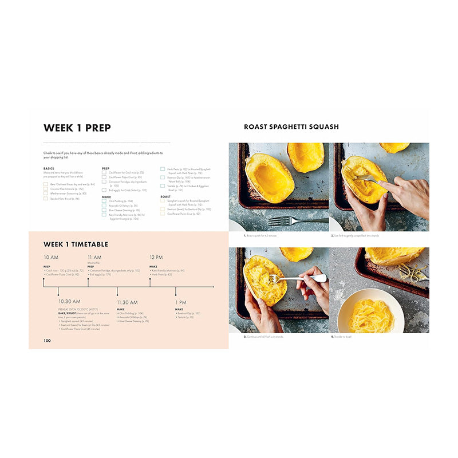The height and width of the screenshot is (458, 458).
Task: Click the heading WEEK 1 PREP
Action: (77, 128)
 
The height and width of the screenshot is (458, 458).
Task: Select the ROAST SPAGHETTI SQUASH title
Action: (291, 127)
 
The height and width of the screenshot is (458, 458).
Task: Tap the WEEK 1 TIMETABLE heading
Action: (76, 244)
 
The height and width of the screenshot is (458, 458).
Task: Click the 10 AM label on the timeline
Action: (50, 258)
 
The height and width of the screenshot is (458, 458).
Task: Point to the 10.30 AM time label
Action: (69, 301)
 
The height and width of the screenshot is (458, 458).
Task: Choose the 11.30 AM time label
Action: (127, 302)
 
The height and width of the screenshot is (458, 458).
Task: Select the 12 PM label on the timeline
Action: (156, 258)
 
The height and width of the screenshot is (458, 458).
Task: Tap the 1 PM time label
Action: (180, 302)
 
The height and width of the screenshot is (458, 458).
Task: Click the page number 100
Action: (47, 341)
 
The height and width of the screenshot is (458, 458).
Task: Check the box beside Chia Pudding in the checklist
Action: (104, 201)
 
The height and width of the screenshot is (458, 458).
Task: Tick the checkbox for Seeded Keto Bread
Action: (45, 199)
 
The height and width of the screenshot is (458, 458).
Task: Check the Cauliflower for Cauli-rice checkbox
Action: (104, 172)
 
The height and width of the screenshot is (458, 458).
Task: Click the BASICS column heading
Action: (49, 168)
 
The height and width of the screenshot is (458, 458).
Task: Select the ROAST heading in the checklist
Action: (165, 196)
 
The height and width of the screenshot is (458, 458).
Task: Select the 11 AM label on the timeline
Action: (94, 258)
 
